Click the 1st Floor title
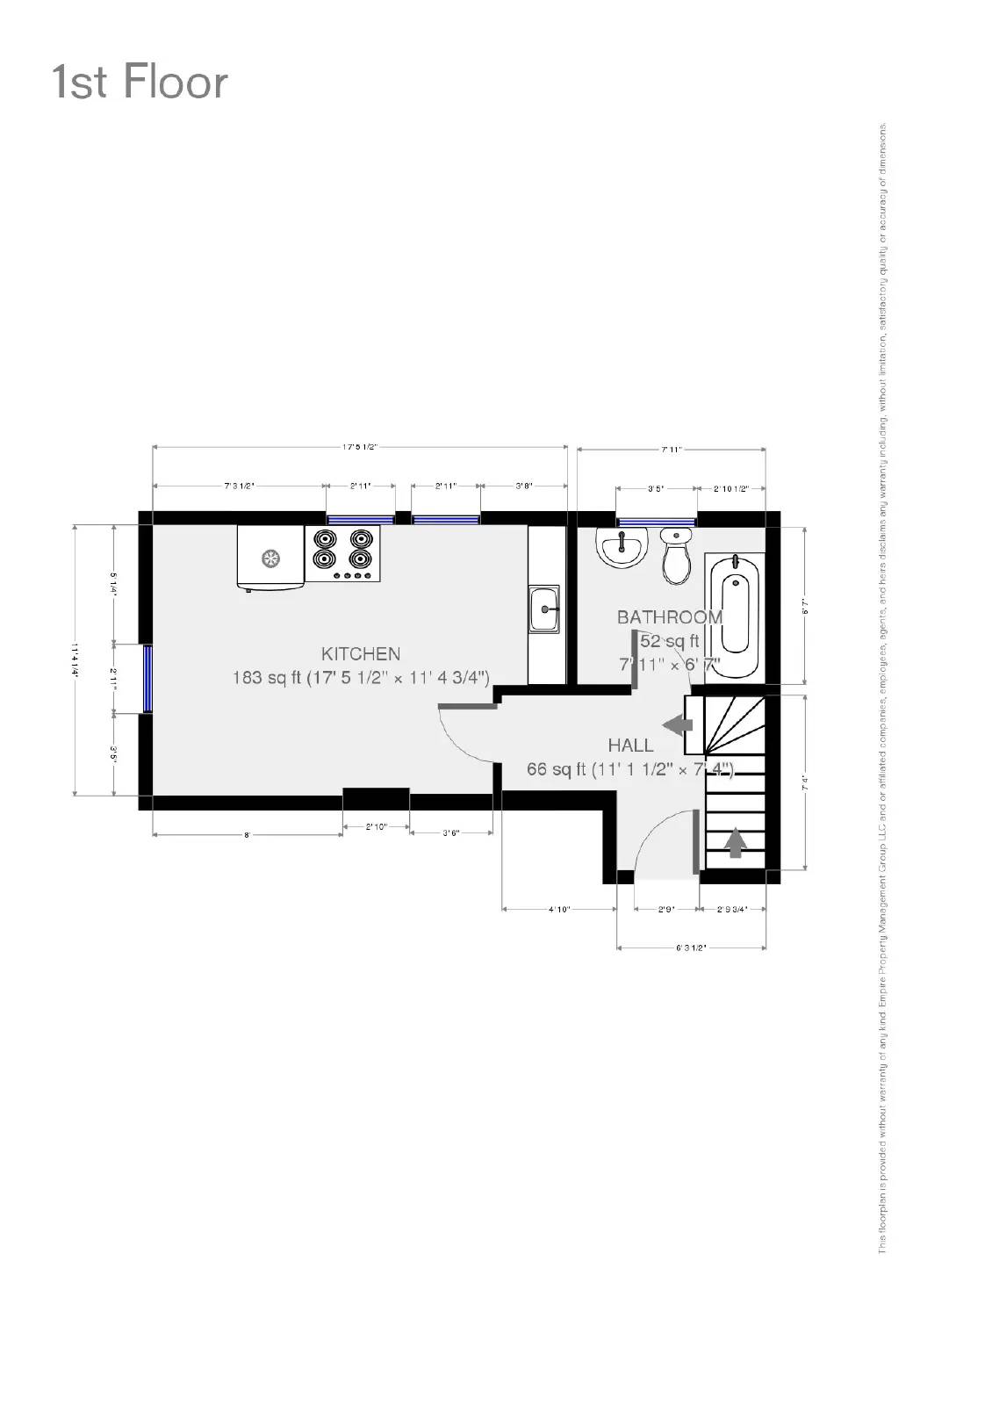(x=140, y=82)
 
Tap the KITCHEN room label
(x=361, y=653)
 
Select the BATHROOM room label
(x=669, y=617)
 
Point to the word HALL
(x=630, y=746)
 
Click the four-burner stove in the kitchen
(x=342, y=552)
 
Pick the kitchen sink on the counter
(x=544, y=608)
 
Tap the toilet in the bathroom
(x=676, y=555)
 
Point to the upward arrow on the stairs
(x=736, y=843)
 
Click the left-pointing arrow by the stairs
(x=678, y=725)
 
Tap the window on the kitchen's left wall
(x=148, y=679)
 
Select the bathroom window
(x=656, y=522)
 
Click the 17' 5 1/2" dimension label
(x=360, y=447)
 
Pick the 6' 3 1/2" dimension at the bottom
(x=691, y=948)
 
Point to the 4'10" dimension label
(x=559, y=910)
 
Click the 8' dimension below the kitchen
(x=247, y=835)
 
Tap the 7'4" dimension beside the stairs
(x=804, y=782)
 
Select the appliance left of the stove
(x=270, y=557)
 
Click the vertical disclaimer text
(x=882, y=685)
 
